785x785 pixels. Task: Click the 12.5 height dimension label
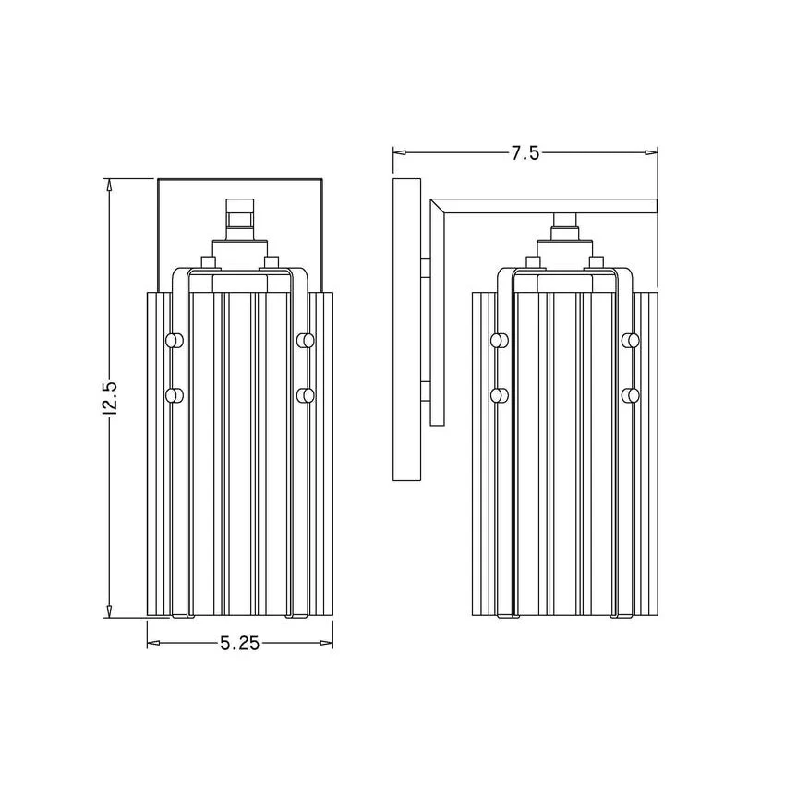pos(109,398)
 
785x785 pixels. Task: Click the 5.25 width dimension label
pos(240,643)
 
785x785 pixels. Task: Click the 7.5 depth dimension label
pos(525,152)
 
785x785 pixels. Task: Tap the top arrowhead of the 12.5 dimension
pos(109,186)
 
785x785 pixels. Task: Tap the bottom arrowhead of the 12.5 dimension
pos(109,610)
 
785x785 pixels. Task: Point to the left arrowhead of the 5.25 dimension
pos(153,643)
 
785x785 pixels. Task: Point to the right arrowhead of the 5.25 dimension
pos(326,643)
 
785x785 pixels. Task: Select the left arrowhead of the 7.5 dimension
pos(400,152)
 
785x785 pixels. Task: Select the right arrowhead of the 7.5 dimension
pos(650,152)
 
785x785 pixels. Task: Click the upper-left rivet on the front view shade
pos(175,341)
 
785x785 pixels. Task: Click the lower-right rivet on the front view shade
pos(306,395)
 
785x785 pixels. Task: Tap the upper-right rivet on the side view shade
pos(630,341)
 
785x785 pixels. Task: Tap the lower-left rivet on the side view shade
pos(499,395)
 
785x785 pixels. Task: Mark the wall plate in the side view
pos(406,330)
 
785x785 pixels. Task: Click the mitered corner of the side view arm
pos(437,206)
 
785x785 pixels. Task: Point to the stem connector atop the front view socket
pos(240,219)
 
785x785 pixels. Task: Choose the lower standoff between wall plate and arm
pos(425,392)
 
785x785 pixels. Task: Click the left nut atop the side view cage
pos(533,263)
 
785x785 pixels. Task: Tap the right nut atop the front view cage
pos(272,263)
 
